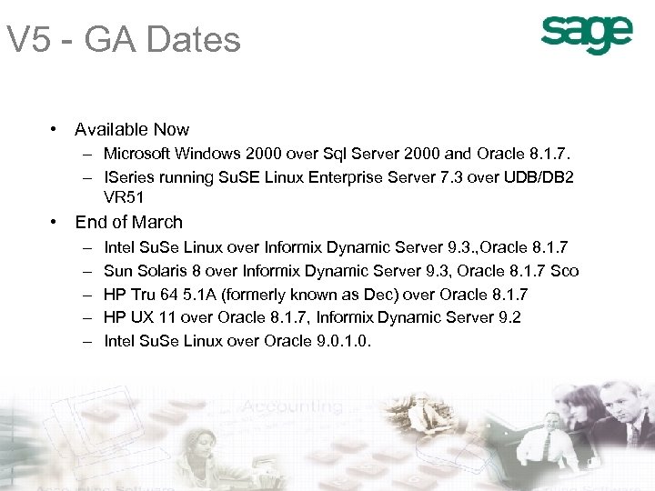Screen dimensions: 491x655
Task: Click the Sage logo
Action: click(x=587, y=35)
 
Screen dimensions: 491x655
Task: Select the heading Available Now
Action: click(x=132, y=130)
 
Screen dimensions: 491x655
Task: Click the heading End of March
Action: click(x=128, y=223)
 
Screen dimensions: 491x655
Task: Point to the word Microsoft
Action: click(x=138, y=154)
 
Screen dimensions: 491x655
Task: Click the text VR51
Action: click(x=124, y=197)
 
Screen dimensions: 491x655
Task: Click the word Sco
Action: click(x=565, y=271)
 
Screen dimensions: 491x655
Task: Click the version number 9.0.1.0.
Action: click(x=342, y=342)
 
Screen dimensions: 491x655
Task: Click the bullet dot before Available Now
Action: click(x=56, y=130)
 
